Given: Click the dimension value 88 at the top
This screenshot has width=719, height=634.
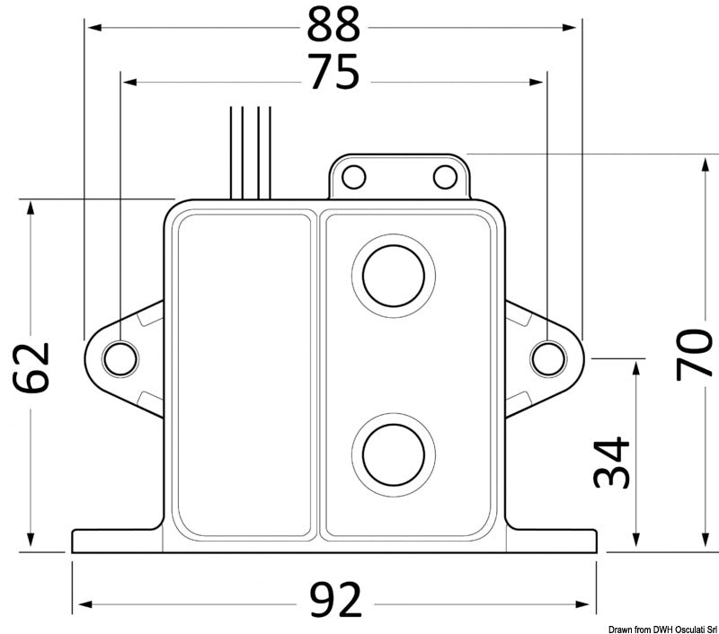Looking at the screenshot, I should point(333,28).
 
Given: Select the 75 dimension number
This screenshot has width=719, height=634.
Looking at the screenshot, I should point(333,74).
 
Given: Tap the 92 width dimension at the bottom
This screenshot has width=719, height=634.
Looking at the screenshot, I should point(333,600).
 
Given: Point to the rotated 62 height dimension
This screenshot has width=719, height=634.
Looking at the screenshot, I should point(31,368).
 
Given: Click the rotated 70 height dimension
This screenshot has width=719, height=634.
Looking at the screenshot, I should point(693,353).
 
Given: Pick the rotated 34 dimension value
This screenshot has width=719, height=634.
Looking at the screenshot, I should point(610,463).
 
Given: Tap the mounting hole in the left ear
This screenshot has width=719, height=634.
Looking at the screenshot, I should point(120,358).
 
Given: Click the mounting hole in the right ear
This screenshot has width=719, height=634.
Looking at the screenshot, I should point(546,358).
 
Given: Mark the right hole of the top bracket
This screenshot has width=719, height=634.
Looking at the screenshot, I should point(443,176).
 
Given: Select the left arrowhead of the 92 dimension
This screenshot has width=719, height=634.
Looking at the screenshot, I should point(79,601).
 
